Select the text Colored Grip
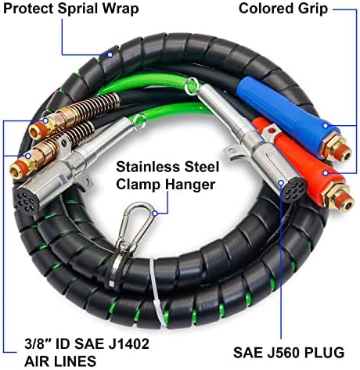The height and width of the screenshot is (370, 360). [x=283, y=9]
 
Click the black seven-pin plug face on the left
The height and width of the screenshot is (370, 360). [x=26, y=199]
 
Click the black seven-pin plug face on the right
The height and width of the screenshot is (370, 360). [x=293, y=189]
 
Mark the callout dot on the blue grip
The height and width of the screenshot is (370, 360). [x=326, y=125]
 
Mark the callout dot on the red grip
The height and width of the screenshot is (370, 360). [x=326, y=173]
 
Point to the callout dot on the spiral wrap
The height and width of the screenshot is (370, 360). [x=110, y=55]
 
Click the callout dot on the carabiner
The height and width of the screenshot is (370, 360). [x=155, y=214]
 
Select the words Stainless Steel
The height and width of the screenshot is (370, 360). [x=167, y=167]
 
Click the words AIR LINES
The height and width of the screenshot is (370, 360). [x=60, y=361]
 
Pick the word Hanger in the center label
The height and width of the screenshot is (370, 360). [x=190, y=185]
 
